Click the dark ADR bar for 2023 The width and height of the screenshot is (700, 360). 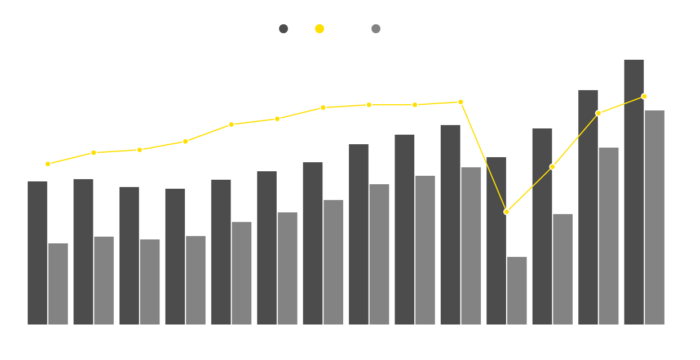click(x=634, y=192)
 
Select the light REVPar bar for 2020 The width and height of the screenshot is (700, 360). click(x=517, y=291)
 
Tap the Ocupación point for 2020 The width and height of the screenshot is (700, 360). click(x=507, y=212)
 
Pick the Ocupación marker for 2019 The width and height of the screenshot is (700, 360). click(x=460, y=102)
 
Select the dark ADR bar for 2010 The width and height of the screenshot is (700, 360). click(x=37, y=253)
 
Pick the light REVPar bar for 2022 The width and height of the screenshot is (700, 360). click(x=609, y=236)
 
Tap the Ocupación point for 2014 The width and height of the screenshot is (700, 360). click(x=231, y=125)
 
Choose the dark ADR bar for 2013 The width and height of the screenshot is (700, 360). click(x=175, y=256)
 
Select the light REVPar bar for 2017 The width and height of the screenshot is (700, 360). click(x=379, y=254)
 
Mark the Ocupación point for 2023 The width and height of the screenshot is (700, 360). click(x=644, y=96)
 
